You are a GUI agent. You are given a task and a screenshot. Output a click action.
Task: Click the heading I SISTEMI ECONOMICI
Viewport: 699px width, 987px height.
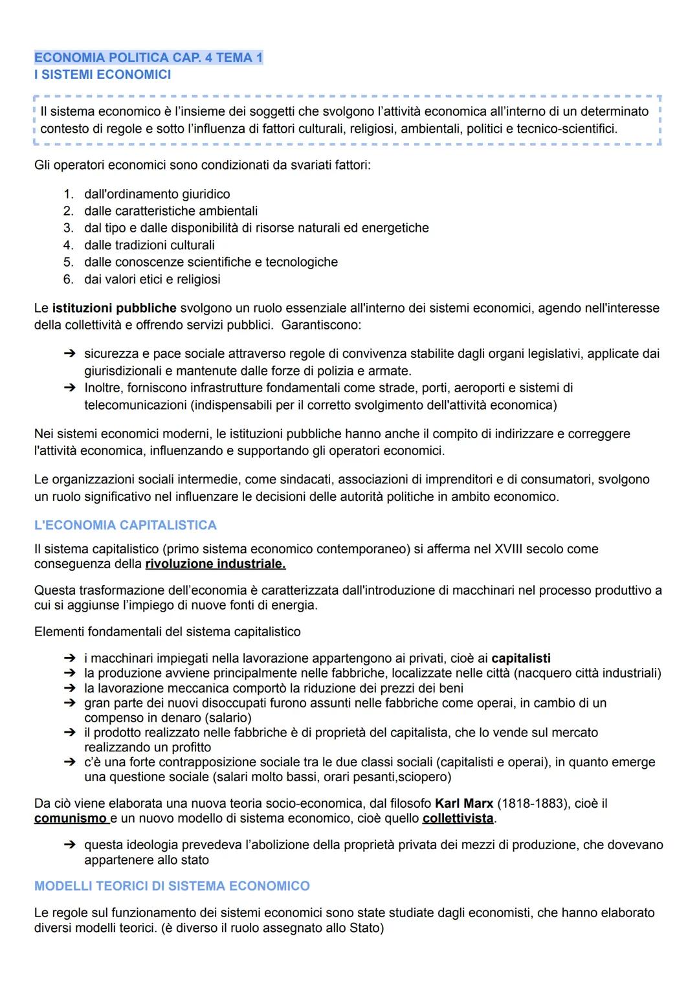102,74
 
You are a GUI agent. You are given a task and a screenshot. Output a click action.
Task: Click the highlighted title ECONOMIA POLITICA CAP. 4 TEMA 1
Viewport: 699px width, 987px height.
148,58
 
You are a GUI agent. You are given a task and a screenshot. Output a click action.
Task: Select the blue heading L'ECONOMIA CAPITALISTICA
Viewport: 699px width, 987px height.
125,525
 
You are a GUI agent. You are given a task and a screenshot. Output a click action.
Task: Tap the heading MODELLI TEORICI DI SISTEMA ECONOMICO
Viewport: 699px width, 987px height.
172,885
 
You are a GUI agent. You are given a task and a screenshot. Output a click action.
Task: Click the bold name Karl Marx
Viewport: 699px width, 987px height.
463,803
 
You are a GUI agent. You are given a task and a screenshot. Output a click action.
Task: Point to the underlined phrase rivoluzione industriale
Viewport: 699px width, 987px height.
215,564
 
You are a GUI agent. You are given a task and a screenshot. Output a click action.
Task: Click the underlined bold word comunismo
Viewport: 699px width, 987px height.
70,818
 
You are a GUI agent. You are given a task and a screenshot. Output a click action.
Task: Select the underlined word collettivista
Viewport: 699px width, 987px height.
457,818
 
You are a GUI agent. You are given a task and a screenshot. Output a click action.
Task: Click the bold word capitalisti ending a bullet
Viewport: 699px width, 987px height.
520,658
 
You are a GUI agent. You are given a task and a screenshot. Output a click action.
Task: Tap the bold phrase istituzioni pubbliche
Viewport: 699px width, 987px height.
114,308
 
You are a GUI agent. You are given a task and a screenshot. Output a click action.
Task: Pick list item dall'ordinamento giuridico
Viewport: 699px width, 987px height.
157,194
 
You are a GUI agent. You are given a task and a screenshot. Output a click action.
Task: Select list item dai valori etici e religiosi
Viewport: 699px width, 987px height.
152,280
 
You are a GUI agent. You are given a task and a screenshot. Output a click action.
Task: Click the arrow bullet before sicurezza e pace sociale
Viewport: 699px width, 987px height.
69,354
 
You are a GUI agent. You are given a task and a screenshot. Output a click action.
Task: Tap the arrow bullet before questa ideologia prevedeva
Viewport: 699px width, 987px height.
69,845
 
